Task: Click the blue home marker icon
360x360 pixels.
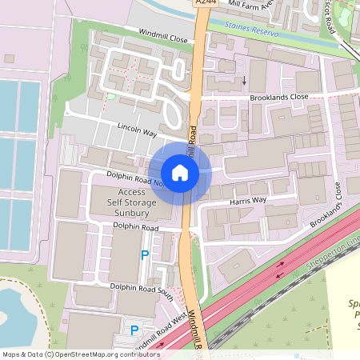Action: click(x=180, y=172)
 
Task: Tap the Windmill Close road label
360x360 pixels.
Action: click(x=163, y=37)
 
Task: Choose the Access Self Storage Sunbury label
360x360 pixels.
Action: click(x=131, y=203)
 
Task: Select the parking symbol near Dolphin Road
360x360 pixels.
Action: click(x=145, y=255)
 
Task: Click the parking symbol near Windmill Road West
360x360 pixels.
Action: click(x=134, y=330)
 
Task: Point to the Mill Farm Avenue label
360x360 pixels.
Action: click(x=253, y=4)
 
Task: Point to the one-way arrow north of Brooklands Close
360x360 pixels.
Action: click(x=243, y=79)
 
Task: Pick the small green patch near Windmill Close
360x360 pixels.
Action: click(x=110, y=98)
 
